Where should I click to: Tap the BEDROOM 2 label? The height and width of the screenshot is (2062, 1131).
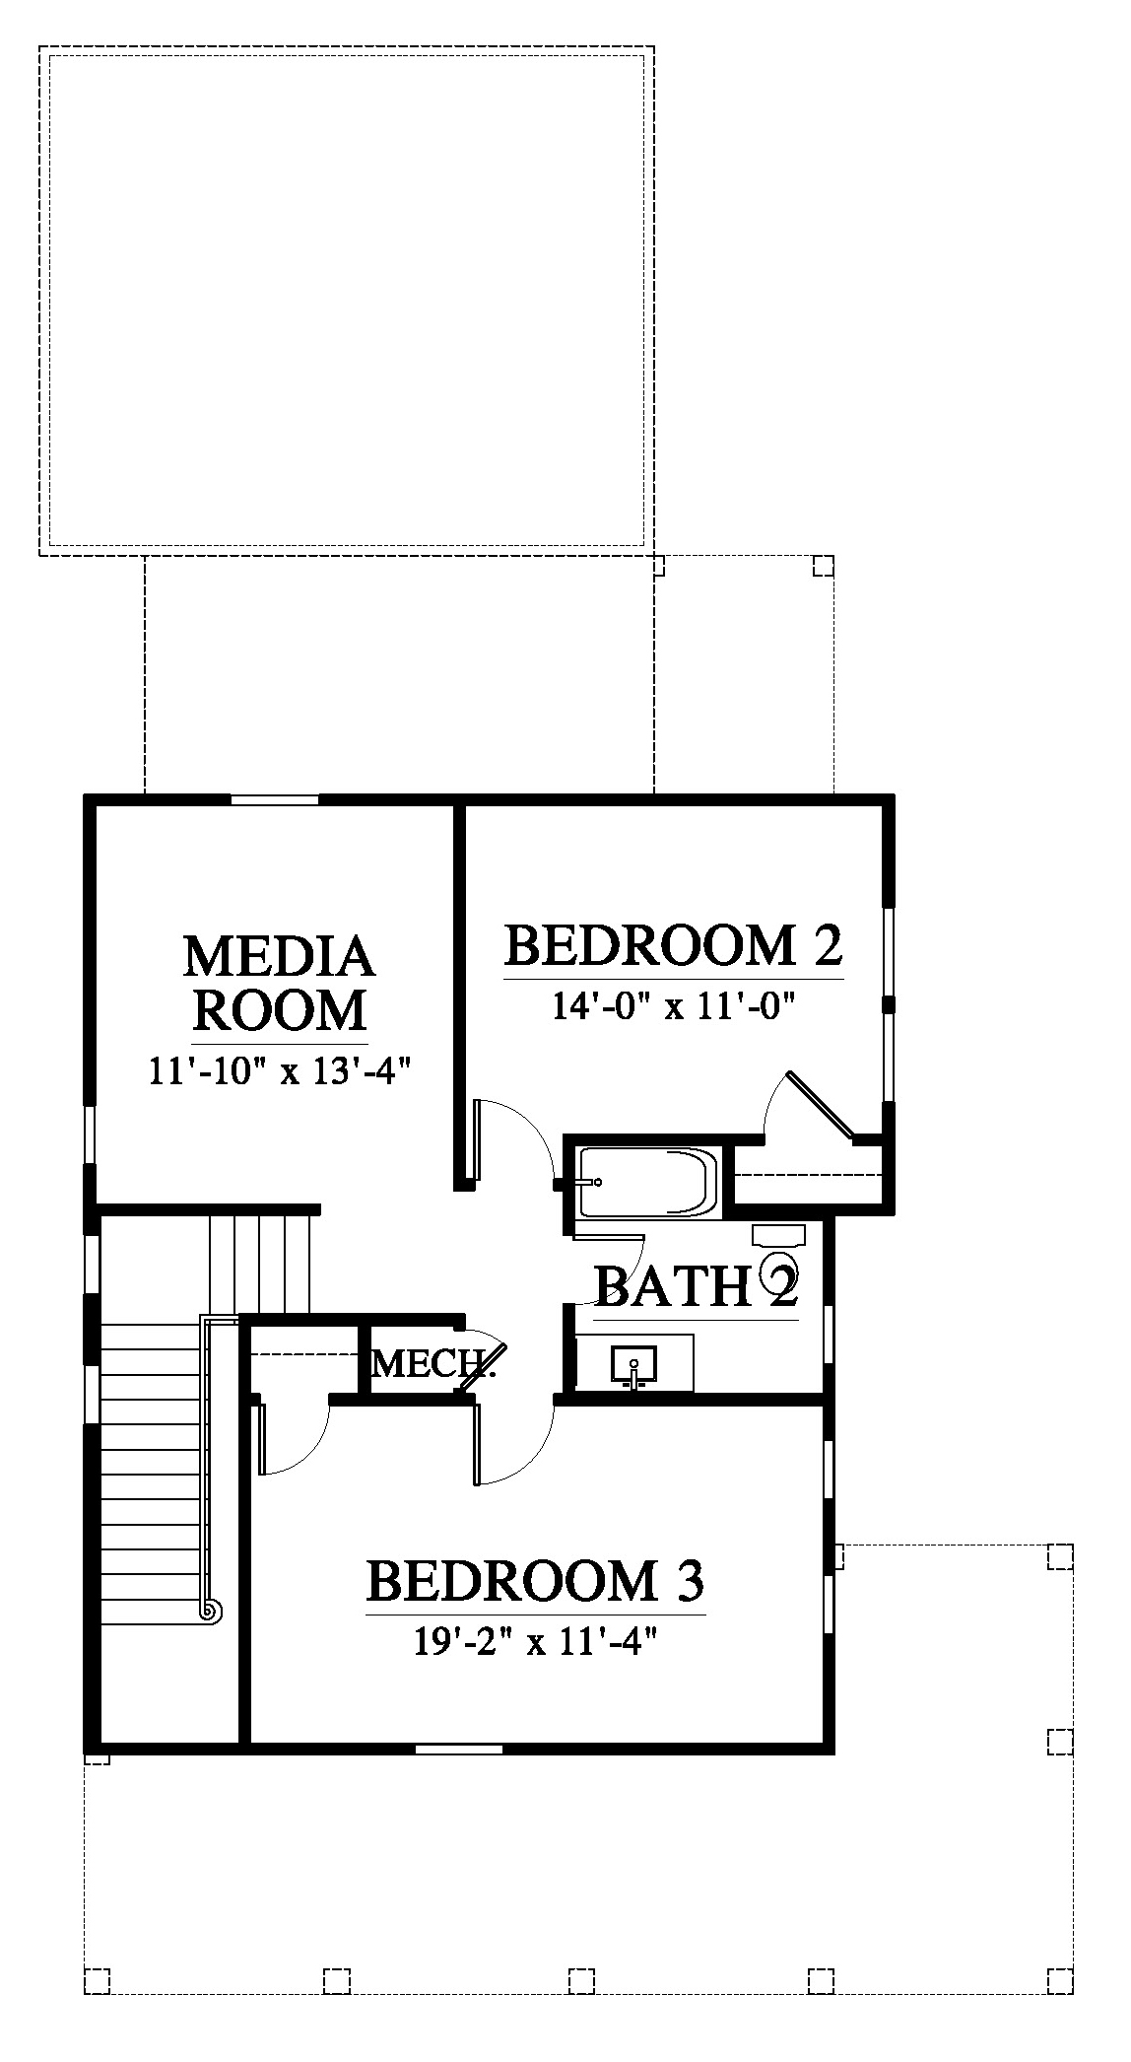tap(674, 945)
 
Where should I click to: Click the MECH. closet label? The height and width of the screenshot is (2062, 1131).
tap(432, 1364)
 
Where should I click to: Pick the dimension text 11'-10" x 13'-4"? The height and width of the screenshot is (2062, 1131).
tap(279, 1069)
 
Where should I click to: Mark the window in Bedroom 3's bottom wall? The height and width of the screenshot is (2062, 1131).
tap(459, 1750)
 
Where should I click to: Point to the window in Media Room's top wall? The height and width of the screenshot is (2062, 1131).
tap(275, 799)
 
